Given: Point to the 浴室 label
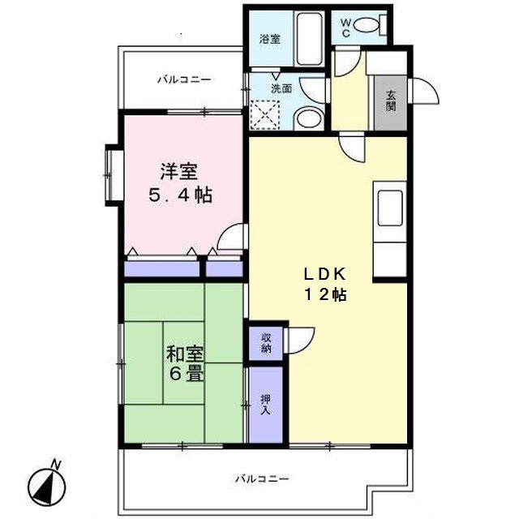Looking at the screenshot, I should coord(270,39).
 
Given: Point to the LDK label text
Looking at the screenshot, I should coord(325,273).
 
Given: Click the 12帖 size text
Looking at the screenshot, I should coord(325,295).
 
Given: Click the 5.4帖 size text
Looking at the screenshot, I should coord(179,195).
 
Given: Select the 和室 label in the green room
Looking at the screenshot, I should coord(186,354).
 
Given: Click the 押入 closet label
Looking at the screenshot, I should coord(266,405).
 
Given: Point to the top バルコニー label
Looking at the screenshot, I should coord(184,79).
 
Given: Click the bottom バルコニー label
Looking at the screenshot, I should coord(262,478).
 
